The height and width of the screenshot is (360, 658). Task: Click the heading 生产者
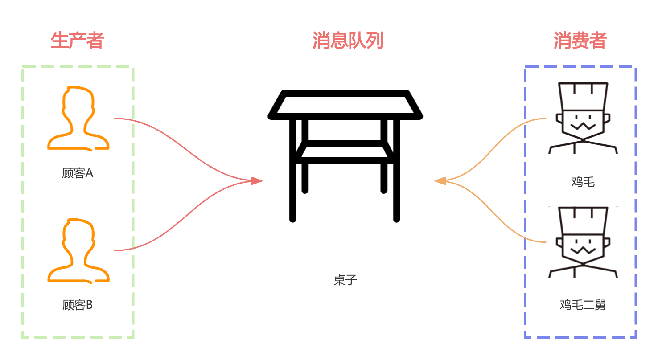pos(77,41)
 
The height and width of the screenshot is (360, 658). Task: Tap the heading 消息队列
pos(348,41)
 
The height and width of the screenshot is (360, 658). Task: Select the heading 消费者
pos(580,41)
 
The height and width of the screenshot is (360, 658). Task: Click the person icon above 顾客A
pos(78,118)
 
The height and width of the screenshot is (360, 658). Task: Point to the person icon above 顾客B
pos(78,250)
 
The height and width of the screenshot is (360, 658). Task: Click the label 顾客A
pos(78,173)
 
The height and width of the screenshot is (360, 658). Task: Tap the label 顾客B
pos(78,305)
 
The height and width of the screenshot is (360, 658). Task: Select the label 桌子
pos(345,280)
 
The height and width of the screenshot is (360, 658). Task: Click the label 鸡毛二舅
pos(583,305)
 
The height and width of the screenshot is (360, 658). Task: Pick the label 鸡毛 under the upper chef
pos(583,182)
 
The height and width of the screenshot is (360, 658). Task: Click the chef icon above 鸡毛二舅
pos(583,243)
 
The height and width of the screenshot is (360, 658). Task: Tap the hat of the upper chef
pos(583,96)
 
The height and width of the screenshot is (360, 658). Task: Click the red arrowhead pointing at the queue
pos(256,180)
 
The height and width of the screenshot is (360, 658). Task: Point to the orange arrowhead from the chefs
pos(440,180)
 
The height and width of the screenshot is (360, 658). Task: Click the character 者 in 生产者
pos(95,41)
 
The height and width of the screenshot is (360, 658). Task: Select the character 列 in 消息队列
pos(375,41)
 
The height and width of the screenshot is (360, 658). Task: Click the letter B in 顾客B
pos(89,305)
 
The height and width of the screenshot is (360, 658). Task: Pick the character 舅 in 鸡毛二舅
pos(600,305)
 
